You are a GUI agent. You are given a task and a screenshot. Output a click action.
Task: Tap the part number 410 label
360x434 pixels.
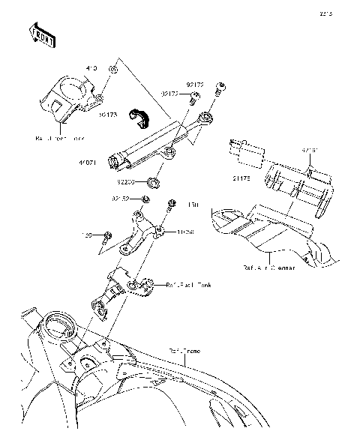coord(91,69)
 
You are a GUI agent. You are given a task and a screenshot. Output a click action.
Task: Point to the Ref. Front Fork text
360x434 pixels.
coord(60,138)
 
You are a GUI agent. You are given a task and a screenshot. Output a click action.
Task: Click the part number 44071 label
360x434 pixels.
coord(88,162)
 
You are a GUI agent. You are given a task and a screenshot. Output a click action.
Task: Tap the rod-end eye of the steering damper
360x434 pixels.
coord(205,118)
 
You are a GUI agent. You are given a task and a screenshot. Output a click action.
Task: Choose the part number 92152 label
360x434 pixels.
coord(121,199)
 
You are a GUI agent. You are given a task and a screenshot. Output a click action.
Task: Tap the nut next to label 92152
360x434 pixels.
coord(145,199)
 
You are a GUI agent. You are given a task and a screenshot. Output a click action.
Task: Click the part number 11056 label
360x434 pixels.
coord(185,232)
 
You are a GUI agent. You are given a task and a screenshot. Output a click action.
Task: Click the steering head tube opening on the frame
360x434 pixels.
coord(58,327)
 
